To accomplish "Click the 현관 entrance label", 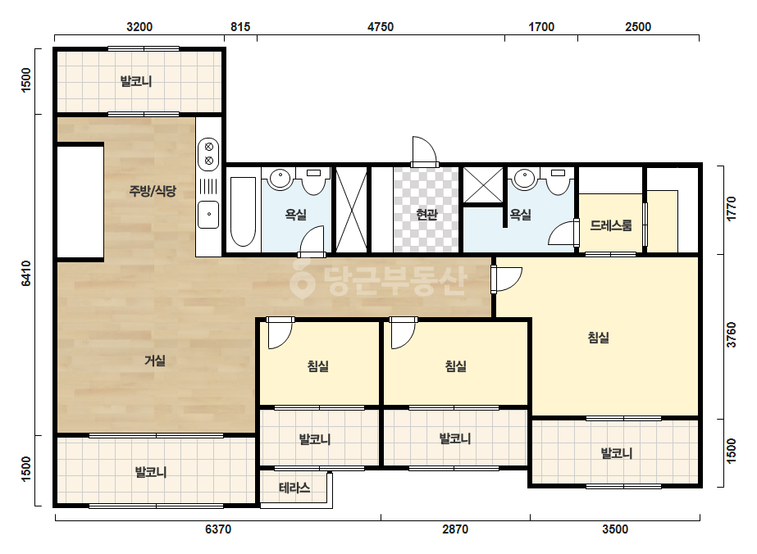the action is (426, 214).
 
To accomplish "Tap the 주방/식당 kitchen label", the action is (153, 191).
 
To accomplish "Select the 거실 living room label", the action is (155, 360).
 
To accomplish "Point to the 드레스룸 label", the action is (611, 225).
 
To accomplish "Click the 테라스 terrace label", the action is (294, 488).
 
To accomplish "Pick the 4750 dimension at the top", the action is (381, 27).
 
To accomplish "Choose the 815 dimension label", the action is (240, 27).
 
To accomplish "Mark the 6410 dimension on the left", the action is (26, 273).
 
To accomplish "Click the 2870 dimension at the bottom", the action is (455, 529).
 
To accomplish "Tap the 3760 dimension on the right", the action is (732, 334).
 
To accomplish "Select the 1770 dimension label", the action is (732, 208).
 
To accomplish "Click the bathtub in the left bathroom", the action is (243, 211).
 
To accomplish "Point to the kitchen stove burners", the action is (209, 154).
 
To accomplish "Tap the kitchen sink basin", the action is (208, 215).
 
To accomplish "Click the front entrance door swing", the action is (425, 151).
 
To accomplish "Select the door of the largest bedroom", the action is (506, 279).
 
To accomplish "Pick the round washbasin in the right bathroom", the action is (524, 179).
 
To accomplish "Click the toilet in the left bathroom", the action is (314, 182).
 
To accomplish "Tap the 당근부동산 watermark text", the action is (394, 281).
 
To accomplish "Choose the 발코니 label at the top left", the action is (136, 81).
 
